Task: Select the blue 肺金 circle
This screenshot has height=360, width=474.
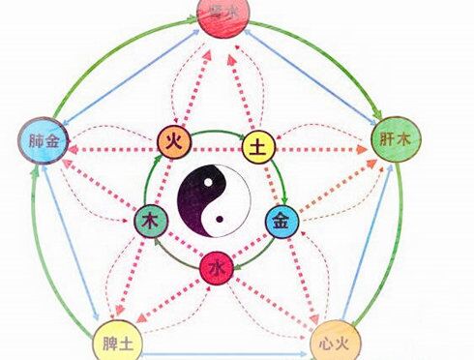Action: (40, 142)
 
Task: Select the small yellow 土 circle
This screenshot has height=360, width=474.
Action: (258, 148)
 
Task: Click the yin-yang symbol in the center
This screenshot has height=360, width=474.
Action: (215, 199)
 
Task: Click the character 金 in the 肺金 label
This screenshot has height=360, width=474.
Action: (50, 142)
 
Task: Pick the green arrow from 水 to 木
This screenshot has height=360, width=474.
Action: (174, 254)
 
